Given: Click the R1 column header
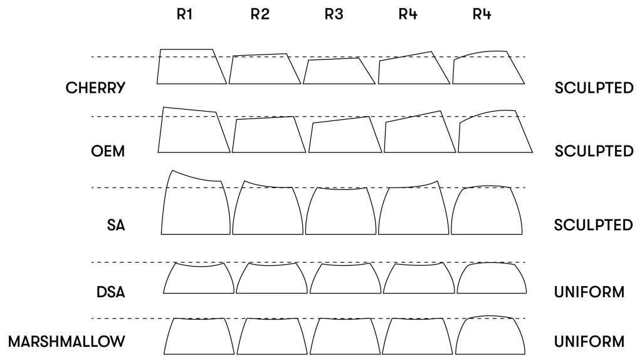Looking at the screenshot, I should (x=183, y=16).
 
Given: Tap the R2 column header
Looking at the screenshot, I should (x=259, y=16).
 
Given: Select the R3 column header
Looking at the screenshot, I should (x=334, y=16).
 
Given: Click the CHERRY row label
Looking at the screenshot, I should (x=95, y=88).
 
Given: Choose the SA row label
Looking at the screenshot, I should (x=116, y=225).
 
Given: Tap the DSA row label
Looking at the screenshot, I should (x=112, y=292).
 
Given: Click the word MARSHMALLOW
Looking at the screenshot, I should (x=66, y=342).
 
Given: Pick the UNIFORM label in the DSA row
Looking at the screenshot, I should (x=589, y=292).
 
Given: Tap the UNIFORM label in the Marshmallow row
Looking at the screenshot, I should (x=589, y=342).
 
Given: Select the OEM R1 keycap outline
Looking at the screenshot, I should (x=192, y=132).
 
